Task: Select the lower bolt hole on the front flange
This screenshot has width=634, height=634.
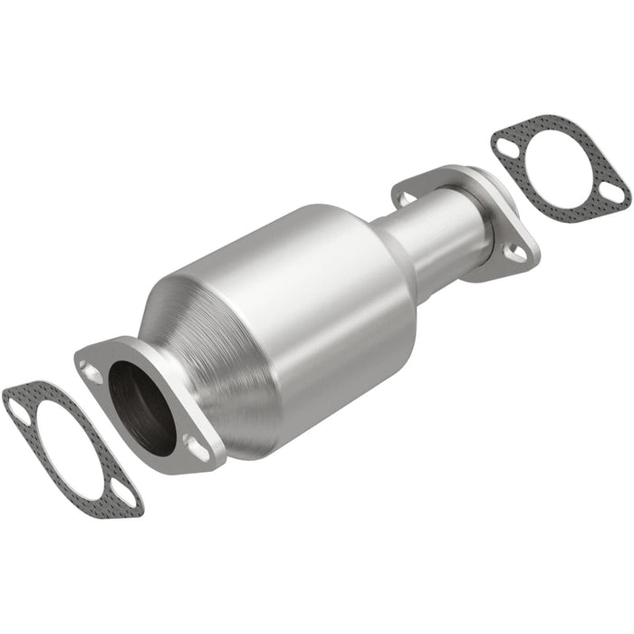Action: click(194, 444)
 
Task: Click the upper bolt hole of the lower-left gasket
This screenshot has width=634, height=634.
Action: click(18, 407)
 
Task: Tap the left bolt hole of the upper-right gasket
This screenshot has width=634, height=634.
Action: click(505, 141)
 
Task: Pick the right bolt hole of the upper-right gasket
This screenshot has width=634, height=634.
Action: click(614, 193)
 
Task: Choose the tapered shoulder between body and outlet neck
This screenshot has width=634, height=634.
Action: click(385, 240)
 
